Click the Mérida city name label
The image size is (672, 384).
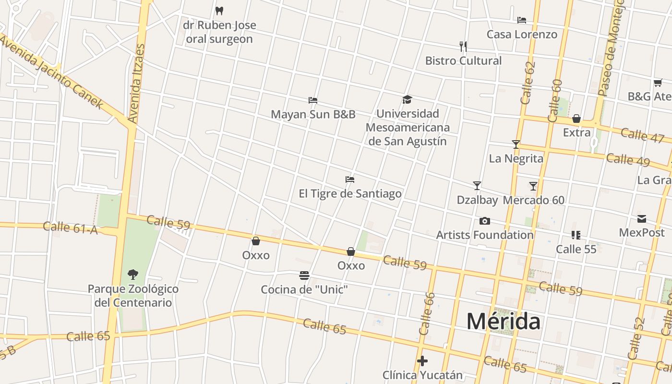click(504, 321)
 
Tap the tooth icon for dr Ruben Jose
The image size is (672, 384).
click(219, 11)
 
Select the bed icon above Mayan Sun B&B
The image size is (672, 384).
click(313, 100)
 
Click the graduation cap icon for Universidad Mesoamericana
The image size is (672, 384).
click(408, 100)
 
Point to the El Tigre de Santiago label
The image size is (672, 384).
click(350, 193)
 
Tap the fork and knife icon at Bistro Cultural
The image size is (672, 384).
click(463, 47)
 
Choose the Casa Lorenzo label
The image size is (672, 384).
click(522, 34)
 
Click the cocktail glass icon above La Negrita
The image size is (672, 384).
click(516, 144)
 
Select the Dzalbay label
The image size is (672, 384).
click(477, 200)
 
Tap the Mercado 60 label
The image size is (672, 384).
click(534, 200)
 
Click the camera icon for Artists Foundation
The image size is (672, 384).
click(485, 221)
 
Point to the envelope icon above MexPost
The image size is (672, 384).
click(642, 219)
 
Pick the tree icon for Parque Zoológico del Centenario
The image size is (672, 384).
click(133, 275)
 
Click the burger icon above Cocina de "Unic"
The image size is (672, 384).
click(304, 276)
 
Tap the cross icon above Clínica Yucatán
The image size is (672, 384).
click(422, 361)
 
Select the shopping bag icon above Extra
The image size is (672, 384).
click(576, 118)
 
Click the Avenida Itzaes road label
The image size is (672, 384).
click(136, 84)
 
